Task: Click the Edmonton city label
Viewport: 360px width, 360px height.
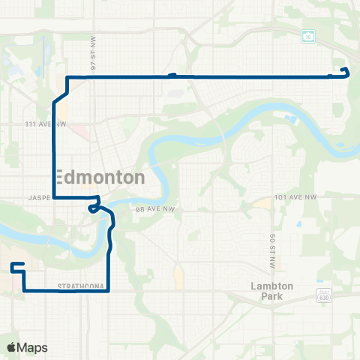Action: coord(100,178)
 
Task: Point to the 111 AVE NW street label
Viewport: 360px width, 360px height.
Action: coord(46,124)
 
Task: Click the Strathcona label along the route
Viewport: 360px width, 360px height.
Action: coord(79,286)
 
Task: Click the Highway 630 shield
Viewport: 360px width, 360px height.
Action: coord(323,296)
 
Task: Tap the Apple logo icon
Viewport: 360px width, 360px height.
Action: coord(12,347)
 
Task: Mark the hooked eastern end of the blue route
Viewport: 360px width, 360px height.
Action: coord(346,71)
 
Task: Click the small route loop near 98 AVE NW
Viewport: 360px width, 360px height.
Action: coord(93,208)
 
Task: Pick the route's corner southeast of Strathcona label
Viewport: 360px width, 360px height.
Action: coord(109,290)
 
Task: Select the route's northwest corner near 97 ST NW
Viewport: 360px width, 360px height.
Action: coord(68,77)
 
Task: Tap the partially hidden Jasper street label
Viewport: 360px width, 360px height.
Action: coord(39,199)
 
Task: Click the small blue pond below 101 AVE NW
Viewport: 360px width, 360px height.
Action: coord(299,223)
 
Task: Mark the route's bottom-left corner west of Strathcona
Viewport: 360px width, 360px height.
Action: coord(24,289)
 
